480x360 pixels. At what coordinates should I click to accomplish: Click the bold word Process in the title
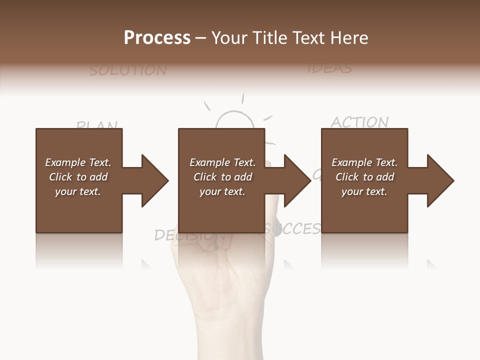(157, 37)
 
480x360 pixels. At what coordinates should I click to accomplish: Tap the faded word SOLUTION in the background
(127, 70)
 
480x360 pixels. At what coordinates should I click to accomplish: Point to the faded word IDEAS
(329, 68)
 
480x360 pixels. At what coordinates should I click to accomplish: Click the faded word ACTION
(359, 122)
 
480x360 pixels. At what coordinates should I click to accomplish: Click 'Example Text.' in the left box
(78, 162)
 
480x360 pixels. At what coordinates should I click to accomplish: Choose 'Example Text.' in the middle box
(222, 162)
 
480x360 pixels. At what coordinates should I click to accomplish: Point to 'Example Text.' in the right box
(364, 162)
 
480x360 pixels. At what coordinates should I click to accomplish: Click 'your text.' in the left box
(78, 191)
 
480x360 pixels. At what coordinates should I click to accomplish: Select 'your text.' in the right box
(364, 191)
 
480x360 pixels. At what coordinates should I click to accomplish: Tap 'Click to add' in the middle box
(222, 177)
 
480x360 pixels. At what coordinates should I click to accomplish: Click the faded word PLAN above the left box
(97, 125)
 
